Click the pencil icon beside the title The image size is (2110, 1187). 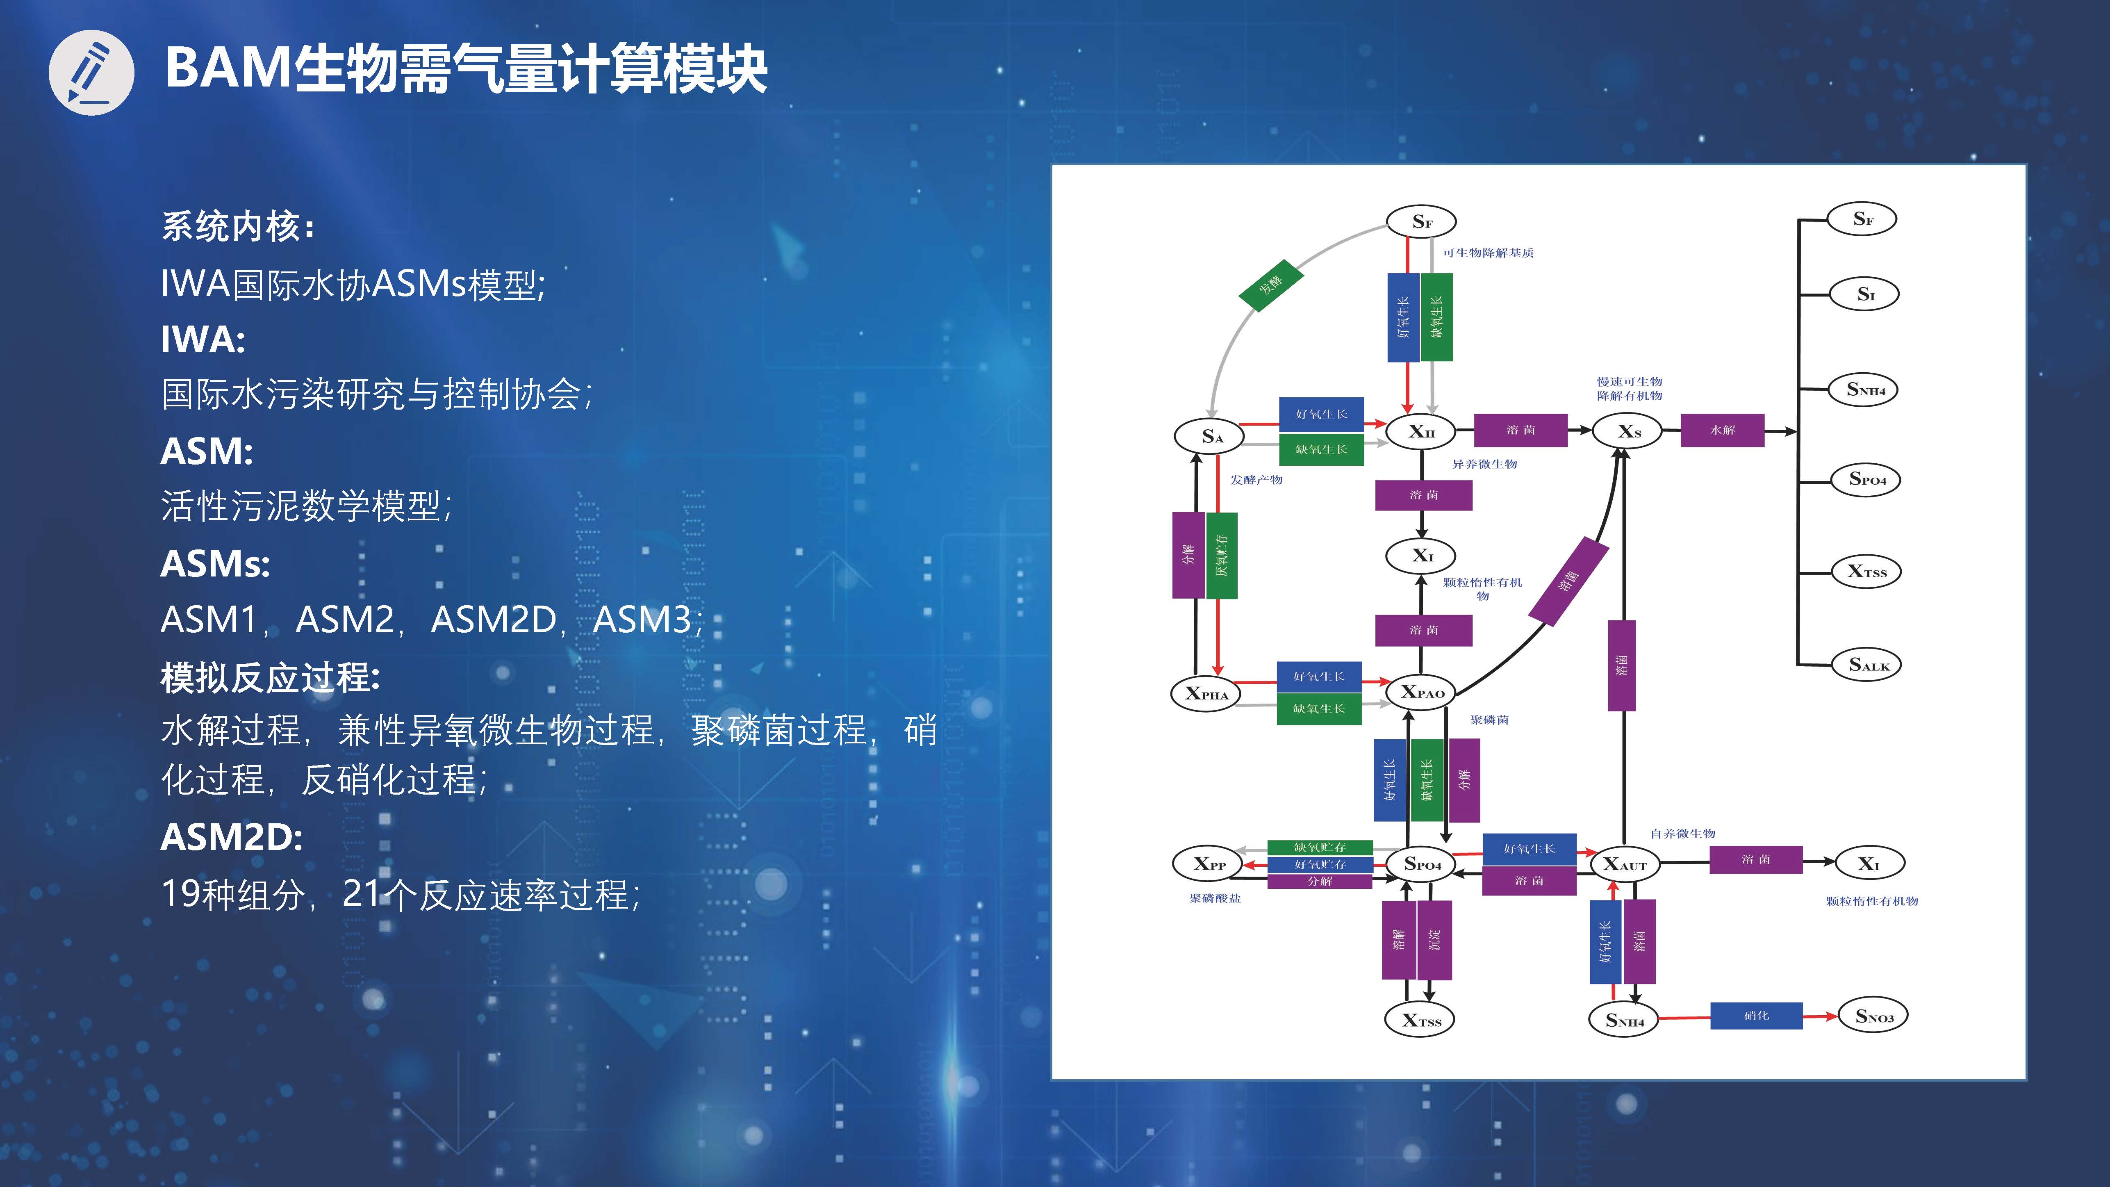click(x=91, y=72)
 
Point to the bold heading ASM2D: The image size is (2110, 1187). click(x=232, y=837)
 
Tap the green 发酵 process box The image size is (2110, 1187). click(x=1270, y=285)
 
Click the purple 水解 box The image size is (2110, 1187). click(x=1722, y=430)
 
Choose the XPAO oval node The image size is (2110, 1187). click(x=1421, y=692)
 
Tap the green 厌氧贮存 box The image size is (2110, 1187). click(x=1221, y=556)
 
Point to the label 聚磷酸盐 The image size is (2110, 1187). click(x=1215, y=899)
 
